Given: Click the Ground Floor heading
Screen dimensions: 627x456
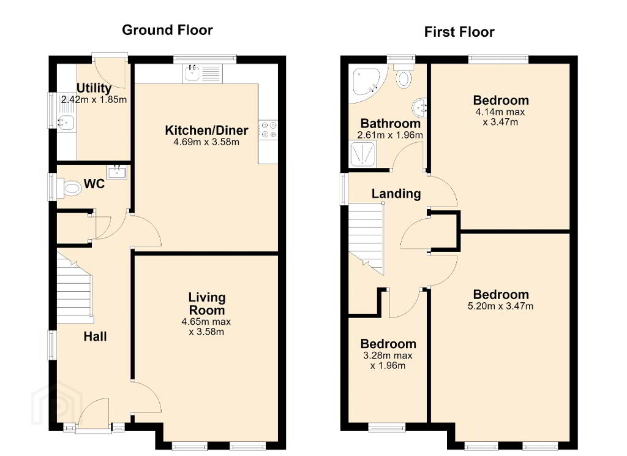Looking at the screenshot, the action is pos(167,30).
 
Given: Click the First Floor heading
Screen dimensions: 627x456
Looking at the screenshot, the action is pos(459,32).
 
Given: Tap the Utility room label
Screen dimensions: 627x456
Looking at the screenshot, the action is pos(94,88).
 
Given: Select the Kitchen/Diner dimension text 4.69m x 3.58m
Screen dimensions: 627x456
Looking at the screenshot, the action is pos(206,142).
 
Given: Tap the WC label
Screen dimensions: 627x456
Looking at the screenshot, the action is pos(94,184).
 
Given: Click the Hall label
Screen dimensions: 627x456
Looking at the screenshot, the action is pos(95,336).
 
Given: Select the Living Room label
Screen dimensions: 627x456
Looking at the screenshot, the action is pos(207,304).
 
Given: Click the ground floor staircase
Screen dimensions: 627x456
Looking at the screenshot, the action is pos(75,287).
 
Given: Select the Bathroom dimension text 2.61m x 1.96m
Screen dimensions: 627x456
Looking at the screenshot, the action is pos(390,135).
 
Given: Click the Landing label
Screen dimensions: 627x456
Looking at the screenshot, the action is pos(396,194).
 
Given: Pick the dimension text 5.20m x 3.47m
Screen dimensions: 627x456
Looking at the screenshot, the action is pos(500,306).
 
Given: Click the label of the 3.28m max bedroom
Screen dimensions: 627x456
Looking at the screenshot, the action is pos(388,344).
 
